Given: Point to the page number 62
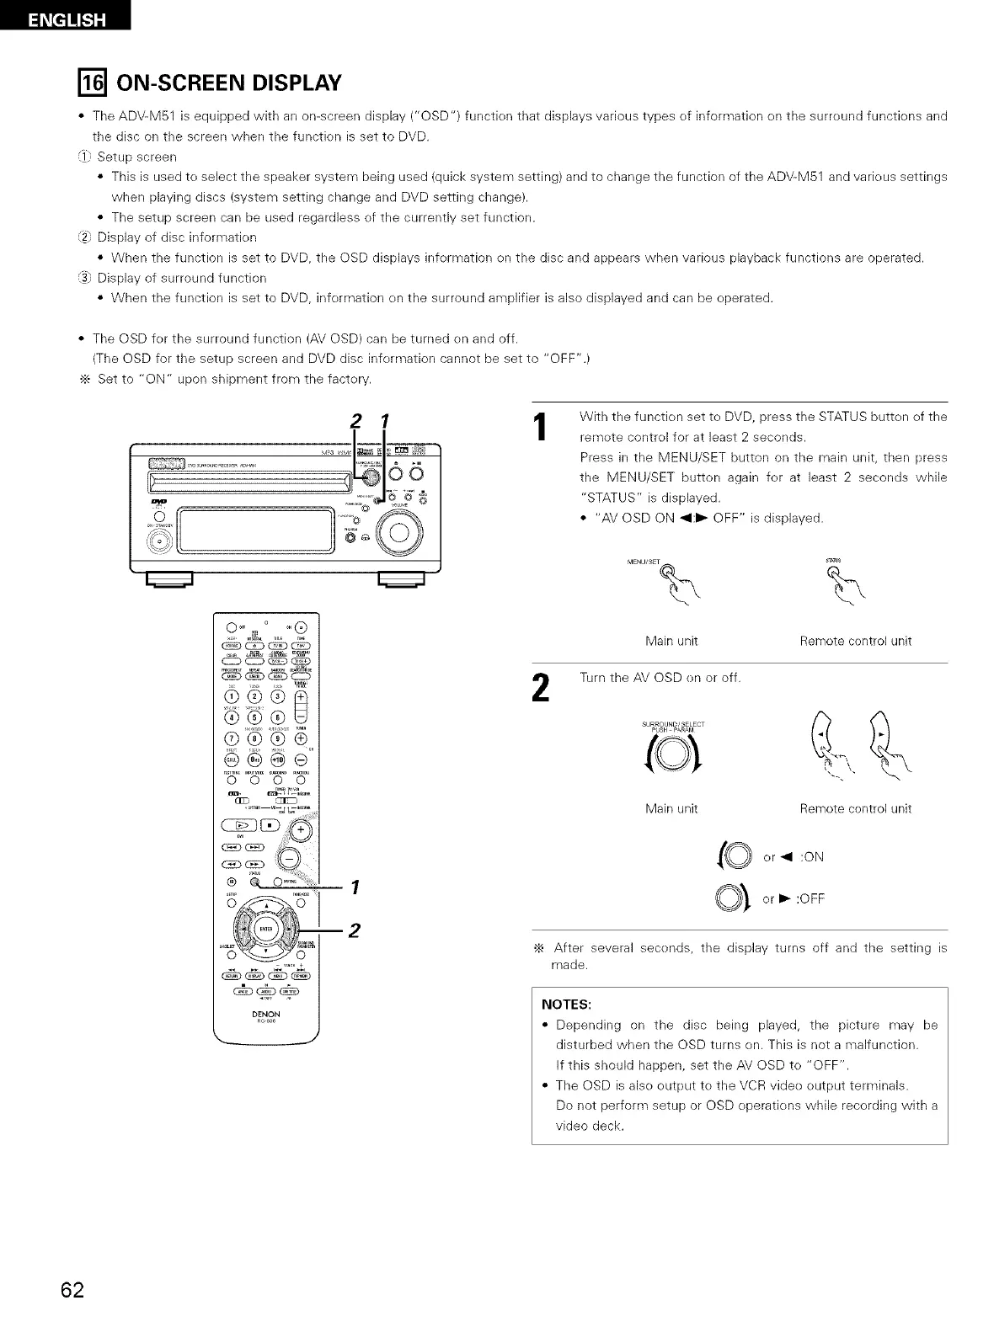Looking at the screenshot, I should [x=72, y=1289].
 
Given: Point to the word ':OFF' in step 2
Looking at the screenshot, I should [x=807, y=898].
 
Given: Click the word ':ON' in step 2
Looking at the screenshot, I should [x=804, y=857].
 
